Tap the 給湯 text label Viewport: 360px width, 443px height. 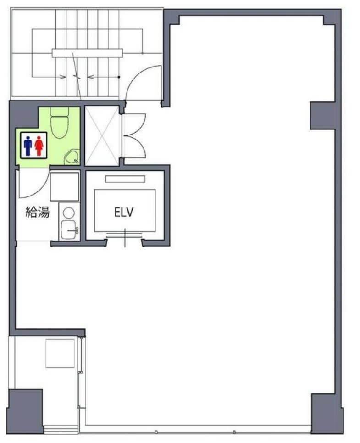point(38,212)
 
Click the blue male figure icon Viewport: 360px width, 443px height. point(28,146)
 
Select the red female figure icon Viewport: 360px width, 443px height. point(39,146)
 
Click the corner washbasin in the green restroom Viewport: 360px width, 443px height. point(72,157)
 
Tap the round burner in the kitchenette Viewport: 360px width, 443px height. point(69,213)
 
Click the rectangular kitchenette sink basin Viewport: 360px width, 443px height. point(68,230)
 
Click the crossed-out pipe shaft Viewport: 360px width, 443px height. point(102,135)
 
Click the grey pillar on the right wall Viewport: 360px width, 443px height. point(322,116)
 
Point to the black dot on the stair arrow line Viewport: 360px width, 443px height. point(119,77)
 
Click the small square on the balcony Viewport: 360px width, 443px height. point(60,353)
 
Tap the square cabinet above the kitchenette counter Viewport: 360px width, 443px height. point(65,186)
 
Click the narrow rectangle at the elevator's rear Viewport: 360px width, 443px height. point(125,179)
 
